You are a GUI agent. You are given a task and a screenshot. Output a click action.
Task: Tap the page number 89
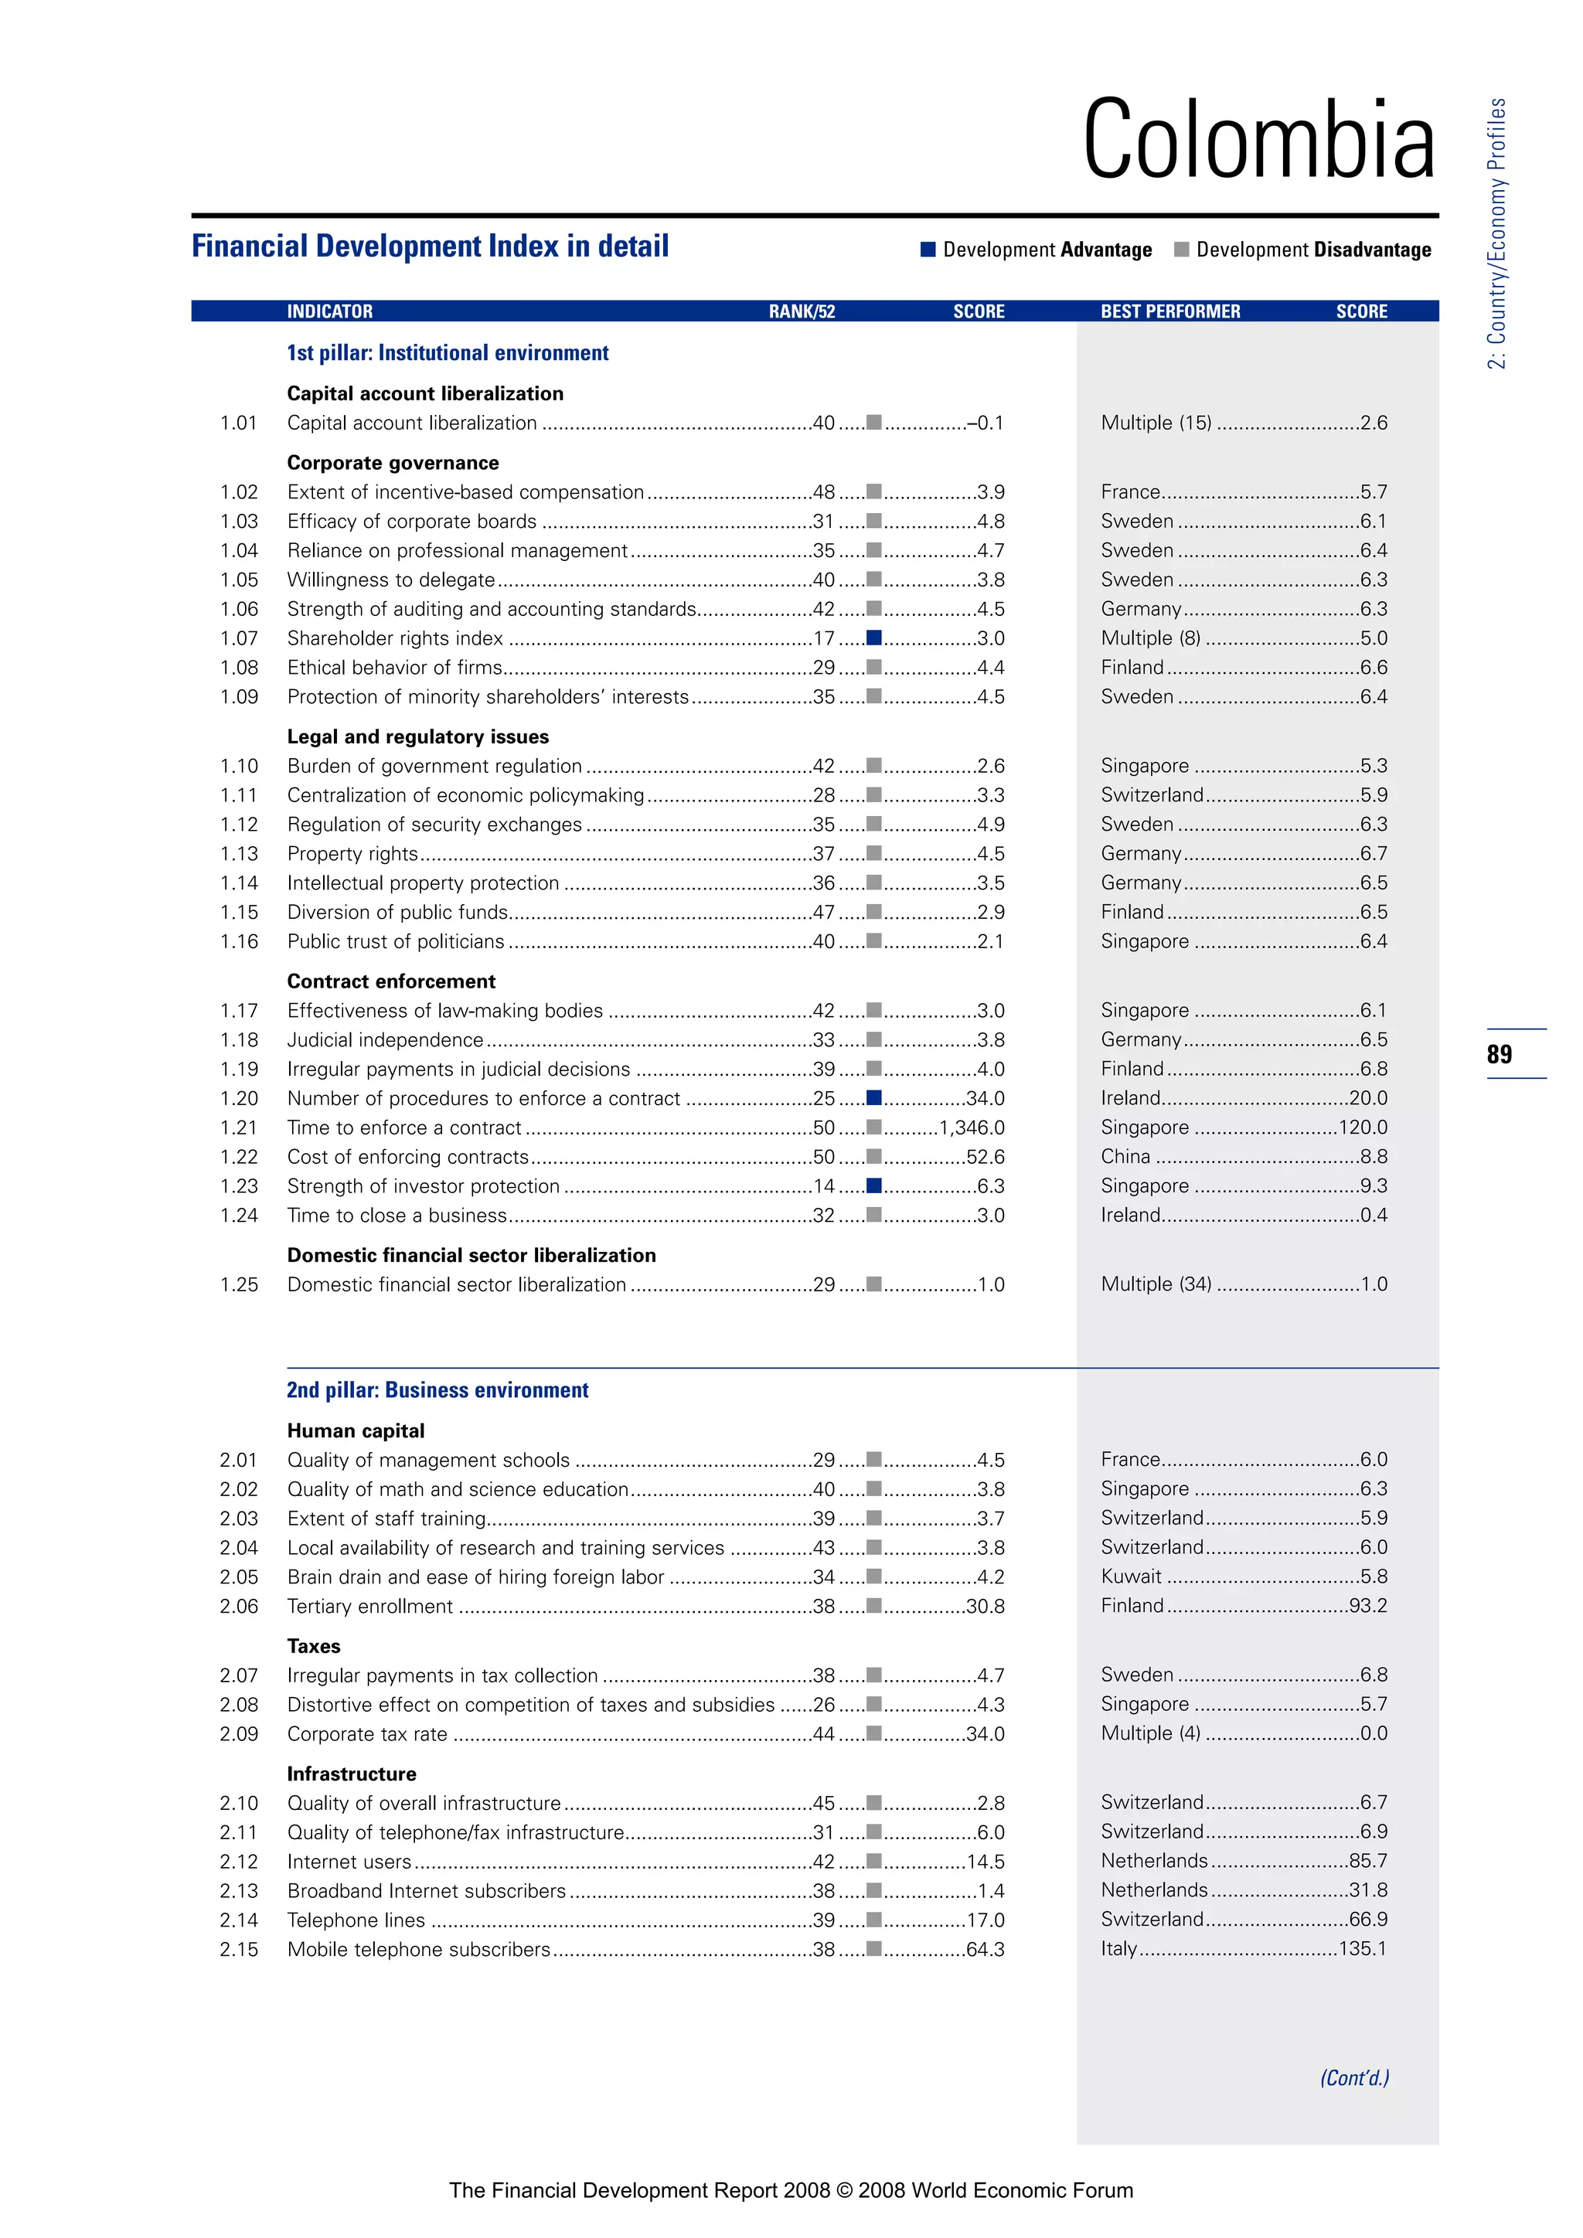point(1500,1053)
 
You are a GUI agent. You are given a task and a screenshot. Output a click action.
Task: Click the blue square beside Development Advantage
point(928,250)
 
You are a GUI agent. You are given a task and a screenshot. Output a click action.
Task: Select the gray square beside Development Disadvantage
point(1181,250)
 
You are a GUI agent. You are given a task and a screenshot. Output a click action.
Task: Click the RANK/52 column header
point(802,312)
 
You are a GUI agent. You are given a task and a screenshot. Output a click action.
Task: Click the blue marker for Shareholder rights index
point(874,638)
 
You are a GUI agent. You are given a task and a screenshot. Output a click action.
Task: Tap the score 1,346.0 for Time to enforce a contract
point(971,1128)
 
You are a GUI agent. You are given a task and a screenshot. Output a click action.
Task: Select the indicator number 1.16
point(239,941)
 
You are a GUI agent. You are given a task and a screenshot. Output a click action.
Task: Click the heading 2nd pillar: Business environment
point(437,1390)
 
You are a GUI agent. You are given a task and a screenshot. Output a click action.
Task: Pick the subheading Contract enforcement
point(391,981)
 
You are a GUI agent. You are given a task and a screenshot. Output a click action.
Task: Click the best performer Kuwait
point(1131,1576)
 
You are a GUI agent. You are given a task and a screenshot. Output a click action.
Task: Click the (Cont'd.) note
point(1354,2078)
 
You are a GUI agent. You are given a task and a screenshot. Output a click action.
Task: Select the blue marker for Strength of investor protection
point(874,1186)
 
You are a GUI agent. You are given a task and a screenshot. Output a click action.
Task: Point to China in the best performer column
point(1126,1157)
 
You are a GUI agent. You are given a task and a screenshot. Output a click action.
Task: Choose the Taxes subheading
point(314,1646)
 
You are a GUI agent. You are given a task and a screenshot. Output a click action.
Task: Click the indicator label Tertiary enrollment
point(370,1607)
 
